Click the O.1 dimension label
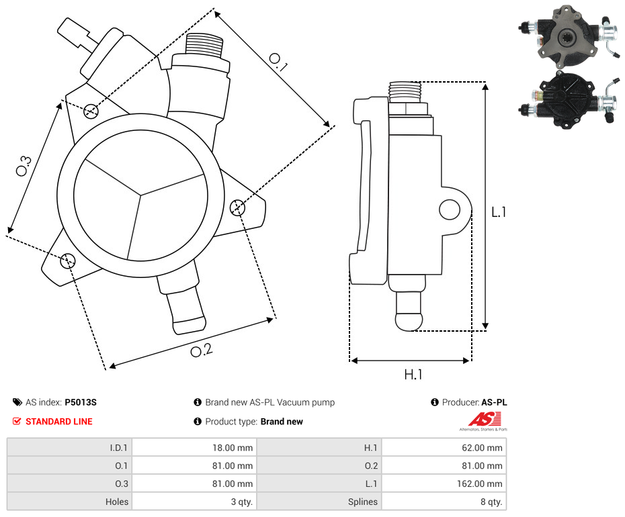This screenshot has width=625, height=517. pyautogui.click(x=278, y=62)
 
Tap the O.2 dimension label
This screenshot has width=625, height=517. pyautogui.click(x=201, y=350)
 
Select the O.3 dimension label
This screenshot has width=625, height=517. pyautogui.click(x=24, y=165)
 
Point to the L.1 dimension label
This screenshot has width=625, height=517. pyautogui.click(x=499, y=212)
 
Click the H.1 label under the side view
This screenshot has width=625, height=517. pyautogui.click(x=413, y=375)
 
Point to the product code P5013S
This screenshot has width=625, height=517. pyautogui.click(x=81, y=403)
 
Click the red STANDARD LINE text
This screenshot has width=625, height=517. pyautogui.click(x=59, y=422)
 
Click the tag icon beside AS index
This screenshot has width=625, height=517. pyautogui.click(x=17, y=403)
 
